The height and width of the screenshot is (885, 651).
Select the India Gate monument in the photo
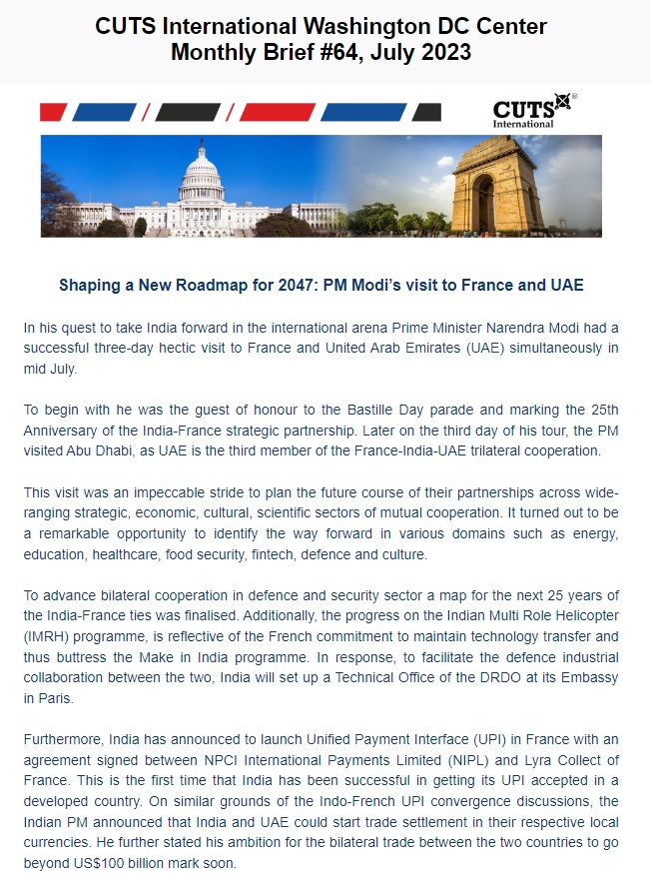tap(497, 188)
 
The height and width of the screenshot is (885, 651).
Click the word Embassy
tap(590, 678)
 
